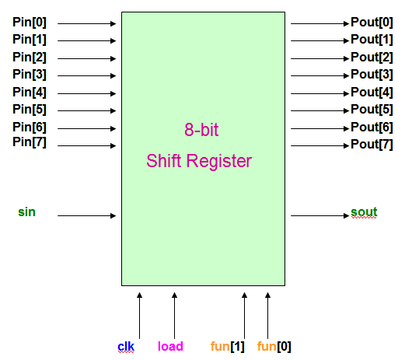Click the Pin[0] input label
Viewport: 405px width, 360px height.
(29, 23)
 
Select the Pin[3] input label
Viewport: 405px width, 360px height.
(29, 74)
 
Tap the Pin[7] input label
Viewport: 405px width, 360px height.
(29, 142)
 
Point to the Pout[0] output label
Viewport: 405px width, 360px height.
(372, 23)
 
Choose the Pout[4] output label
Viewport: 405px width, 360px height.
(372, 92)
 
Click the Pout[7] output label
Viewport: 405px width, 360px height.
(372, 145)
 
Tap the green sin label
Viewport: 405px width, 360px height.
(26, 211)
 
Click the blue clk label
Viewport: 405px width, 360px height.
(127, 346)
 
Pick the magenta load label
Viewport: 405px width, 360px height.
(170, 346)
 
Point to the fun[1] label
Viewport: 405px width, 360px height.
(227, 346)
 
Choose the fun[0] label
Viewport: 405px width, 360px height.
(274, 346)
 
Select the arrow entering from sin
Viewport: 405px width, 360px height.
(87, 215)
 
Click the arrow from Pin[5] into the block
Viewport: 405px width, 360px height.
(87, 110)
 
